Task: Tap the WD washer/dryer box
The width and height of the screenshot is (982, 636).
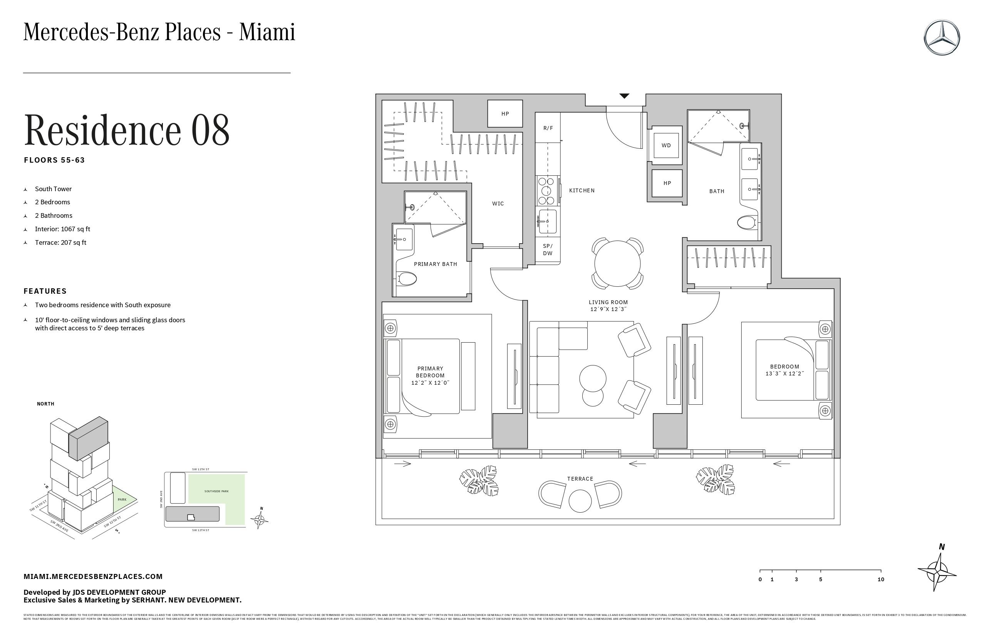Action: point(666,145)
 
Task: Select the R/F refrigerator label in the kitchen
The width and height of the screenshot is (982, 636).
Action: point(548,128)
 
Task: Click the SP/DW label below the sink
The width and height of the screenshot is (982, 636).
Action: point(548,250)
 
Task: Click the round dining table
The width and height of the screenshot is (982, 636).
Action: point(617,264)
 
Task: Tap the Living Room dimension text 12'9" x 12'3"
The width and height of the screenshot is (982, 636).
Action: point(608,309)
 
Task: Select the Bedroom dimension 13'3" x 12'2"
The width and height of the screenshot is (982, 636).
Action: point(784,374)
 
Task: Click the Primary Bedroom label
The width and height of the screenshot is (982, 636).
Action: point(430,372)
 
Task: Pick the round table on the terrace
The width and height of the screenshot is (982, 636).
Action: point(580,501)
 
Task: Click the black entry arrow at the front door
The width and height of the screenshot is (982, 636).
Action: point(624,96)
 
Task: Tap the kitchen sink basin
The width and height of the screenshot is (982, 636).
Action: point(548,221)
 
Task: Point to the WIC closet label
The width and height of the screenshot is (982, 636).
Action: point(498,204)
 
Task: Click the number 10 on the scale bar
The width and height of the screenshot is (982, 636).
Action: point(880,579)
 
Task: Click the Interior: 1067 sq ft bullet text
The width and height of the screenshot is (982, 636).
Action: point(62,229)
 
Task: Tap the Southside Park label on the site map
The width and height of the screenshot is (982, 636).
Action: point(216,491)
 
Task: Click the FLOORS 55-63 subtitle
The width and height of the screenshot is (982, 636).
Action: point(54,160)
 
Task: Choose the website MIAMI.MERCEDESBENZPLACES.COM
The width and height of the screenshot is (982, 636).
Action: point(93,577)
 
